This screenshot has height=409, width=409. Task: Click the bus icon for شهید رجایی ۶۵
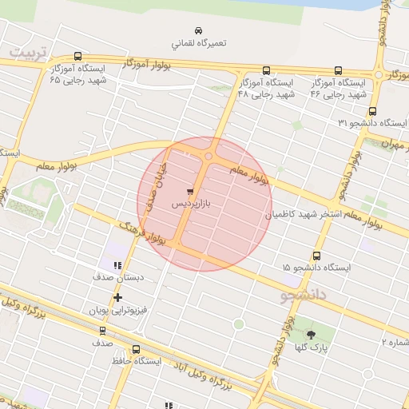(x=77, y=57)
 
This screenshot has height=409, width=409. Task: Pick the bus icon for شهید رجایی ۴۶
(x=338, y=70)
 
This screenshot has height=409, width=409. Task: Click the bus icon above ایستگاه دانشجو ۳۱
(x=372, y=112)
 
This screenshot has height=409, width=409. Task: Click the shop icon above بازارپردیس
(x=190, y=192)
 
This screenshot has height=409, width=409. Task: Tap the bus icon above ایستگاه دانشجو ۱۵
(x=317, y=256)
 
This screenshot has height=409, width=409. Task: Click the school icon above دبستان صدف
(x=117, y=265)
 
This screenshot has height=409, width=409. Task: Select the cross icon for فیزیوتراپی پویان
(x=117, y=297)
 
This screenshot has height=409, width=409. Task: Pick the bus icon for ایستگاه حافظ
(x=136, y=349)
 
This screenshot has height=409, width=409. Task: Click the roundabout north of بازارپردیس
(x=208, y=157)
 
